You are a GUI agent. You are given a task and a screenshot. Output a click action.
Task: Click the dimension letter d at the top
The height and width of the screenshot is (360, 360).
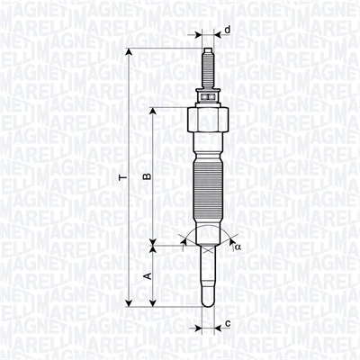pyautogui.click(x=227, y=31)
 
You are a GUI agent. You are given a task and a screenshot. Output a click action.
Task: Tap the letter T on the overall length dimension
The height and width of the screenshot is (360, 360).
pyautogui.click(x=121, y=180)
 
